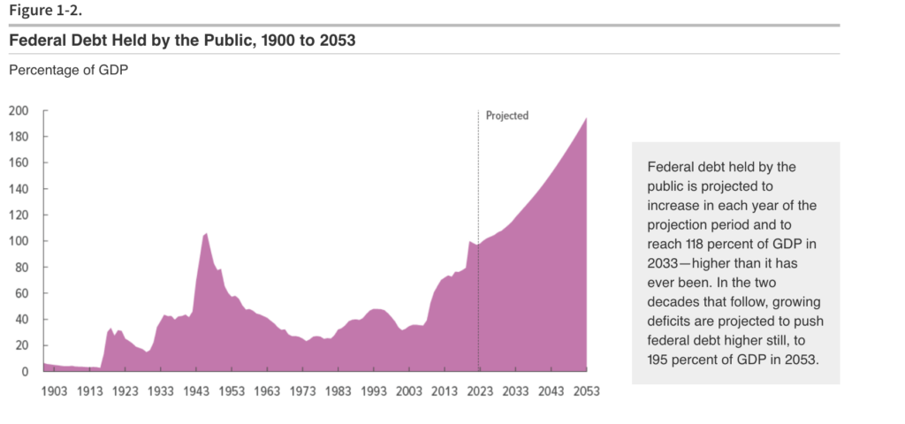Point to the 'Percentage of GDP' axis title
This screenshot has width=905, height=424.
[68, 71]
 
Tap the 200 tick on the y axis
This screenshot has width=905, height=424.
[19, 111]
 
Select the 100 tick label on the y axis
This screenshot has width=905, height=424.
[19, 241]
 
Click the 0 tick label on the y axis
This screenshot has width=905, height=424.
[26, 372]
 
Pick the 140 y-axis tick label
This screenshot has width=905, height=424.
[19, 189]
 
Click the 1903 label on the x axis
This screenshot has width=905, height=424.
[54, 390]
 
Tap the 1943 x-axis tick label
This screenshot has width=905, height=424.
[195, 390]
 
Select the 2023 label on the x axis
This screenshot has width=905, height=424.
[479, 390]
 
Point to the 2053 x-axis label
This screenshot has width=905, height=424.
[585, 390]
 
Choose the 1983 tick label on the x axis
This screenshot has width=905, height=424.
[338, 390]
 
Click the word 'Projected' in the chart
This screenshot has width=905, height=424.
[507, 116]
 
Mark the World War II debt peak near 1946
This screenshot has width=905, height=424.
[206, 234]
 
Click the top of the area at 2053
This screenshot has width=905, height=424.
[585, 118]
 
